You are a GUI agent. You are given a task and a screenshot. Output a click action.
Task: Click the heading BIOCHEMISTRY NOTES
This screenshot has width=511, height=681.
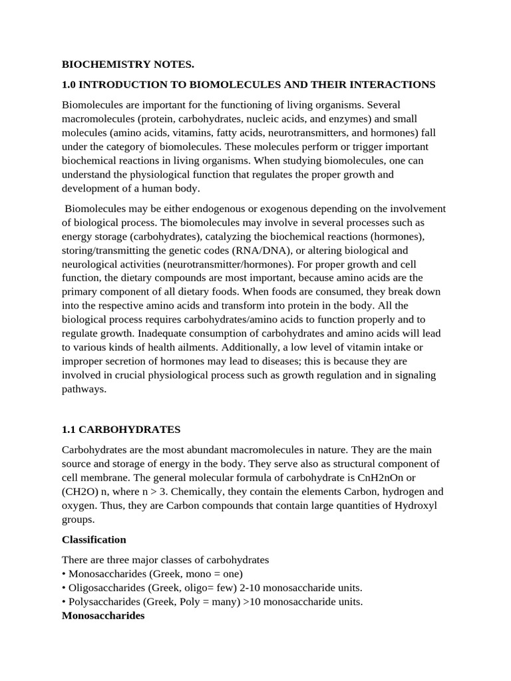[x=128, y=65]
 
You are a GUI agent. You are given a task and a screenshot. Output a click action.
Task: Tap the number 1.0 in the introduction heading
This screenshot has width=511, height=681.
[x=70, y=84]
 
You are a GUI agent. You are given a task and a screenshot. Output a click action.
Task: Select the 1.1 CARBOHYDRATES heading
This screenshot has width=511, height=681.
[x=121, y=429]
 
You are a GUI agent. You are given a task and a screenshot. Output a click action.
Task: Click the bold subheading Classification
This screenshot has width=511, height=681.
[x=94, y=539]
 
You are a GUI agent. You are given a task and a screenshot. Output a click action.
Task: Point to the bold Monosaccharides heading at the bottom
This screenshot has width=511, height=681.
[x=103, y=616]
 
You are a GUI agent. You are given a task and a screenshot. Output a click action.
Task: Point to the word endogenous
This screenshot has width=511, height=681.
[x=213, y=209]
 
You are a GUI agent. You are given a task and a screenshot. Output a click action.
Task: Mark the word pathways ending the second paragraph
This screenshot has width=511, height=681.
[x=84, y=389]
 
